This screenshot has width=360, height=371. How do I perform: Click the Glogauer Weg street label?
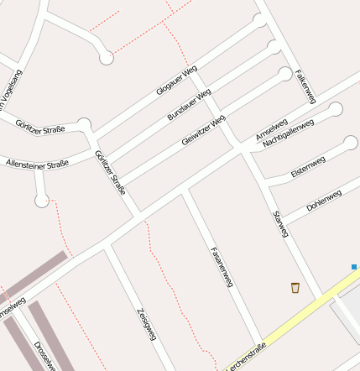pos(176,80)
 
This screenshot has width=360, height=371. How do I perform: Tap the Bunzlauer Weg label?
pos(189,103)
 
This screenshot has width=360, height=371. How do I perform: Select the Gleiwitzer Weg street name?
pos(204,130)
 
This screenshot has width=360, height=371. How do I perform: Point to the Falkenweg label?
pos(305,86)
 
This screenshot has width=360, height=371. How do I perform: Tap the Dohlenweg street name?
pos(324,200)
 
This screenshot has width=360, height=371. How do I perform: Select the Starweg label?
pos(281,224)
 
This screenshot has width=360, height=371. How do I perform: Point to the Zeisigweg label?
pos(146,323)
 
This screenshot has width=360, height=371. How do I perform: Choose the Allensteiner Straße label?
pos(36,164)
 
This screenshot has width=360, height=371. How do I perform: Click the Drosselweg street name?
pos(45,356)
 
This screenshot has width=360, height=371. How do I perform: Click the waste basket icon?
pos(295,288)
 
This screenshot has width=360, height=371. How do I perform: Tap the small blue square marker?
pos(354,267)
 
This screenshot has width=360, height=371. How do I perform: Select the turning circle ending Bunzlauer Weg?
pos(273,47)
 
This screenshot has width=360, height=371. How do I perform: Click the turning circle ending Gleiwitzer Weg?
pos(285,74)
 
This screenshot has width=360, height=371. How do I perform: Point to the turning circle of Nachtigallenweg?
pos(336,109)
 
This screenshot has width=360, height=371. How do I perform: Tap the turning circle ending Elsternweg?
pos(351,142)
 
